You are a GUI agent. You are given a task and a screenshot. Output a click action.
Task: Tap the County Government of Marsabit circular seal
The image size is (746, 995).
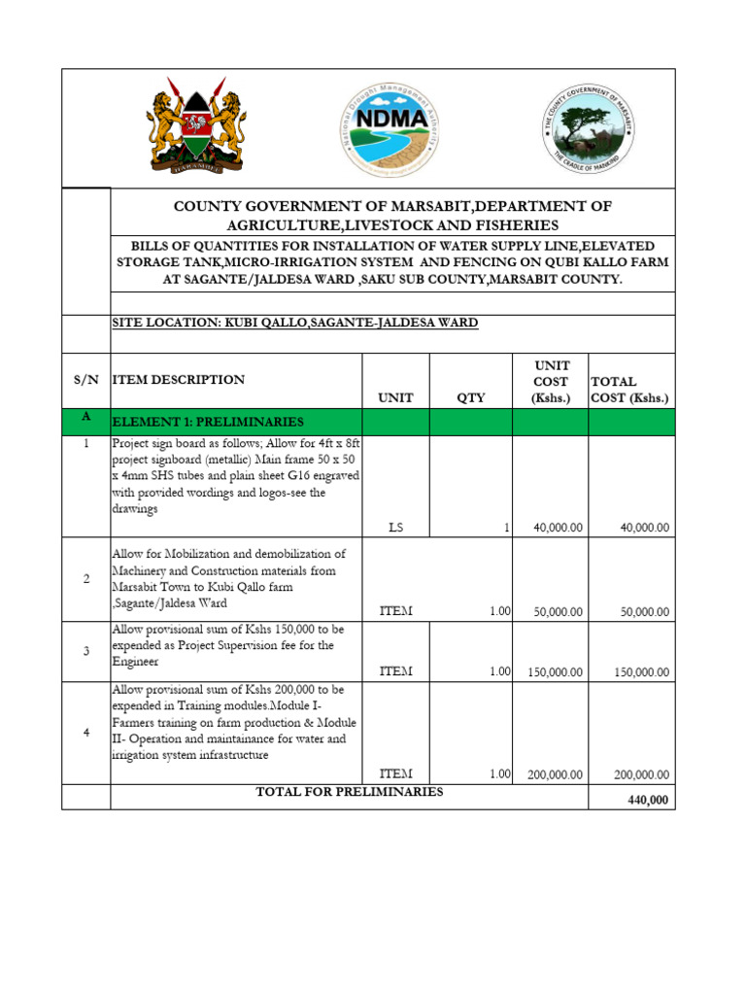[x=590, y=127]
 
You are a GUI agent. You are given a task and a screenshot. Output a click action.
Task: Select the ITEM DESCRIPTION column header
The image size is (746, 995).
[x=179, y=380]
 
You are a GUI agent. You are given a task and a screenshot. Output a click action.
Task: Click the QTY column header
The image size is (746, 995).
[x=470, y=397]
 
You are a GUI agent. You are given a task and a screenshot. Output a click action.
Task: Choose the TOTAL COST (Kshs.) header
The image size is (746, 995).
[x=629, y=390]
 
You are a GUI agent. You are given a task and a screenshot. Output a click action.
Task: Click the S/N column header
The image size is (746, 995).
[x=85, y=380]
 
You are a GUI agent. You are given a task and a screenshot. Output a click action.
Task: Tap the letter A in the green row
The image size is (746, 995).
[x=85, y=416]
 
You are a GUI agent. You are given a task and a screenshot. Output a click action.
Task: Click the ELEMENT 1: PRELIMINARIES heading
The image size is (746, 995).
[x=208, y=422]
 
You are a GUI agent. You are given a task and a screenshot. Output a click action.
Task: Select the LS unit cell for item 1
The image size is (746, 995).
[x=395, y=528]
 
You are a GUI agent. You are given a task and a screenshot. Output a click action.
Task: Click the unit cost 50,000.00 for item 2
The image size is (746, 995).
[x=558, y=612]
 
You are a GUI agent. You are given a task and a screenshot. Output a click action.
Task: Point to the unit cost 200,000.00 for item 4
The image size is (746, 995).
[x=555, y=774]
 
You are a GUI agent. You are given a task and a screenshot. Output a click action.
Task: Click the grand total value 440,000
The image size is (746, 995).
[x=648, y=800]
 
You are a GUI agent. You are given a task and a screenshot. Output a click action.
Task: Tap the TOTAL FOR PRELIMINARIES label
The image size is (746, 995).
[x=349, y=792]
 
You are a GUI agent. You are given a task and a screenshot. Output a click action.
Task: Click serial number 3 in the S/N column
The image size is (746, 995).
[x=85, y=651]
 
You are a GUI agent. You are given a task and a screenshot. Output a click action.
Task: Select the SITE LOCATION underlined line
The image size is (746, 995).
[x=295, y=323]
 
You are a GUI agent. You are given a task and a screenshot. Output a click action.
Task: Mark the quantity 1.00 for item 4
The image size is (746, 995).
[x=499, y=773]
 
